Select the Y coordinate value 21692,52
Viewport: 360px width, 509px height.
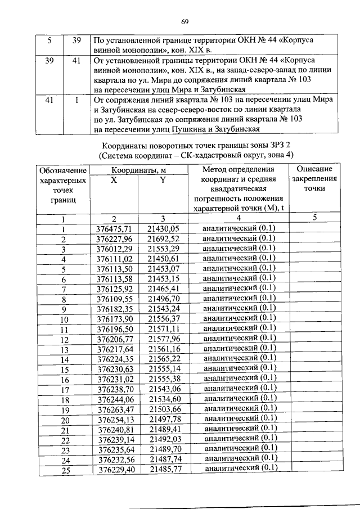tap(163, 238)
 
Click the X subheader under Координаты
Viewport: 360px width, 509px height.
tap(114, 180)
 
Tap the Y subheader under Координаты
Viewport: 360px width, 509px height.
tap(163, 180)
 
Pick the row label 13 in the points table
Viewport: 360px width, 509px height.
tap(65, 349)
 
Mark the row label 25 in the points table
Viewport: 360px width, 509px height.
tap(65, 470)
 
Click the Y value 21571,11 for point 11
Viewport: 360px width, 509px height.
tap(163, 328)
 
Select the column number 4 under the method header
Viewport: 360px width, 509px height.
tap(238, 218)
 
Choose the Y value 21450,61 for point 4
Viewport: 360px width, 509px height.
tap(163, 259)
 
